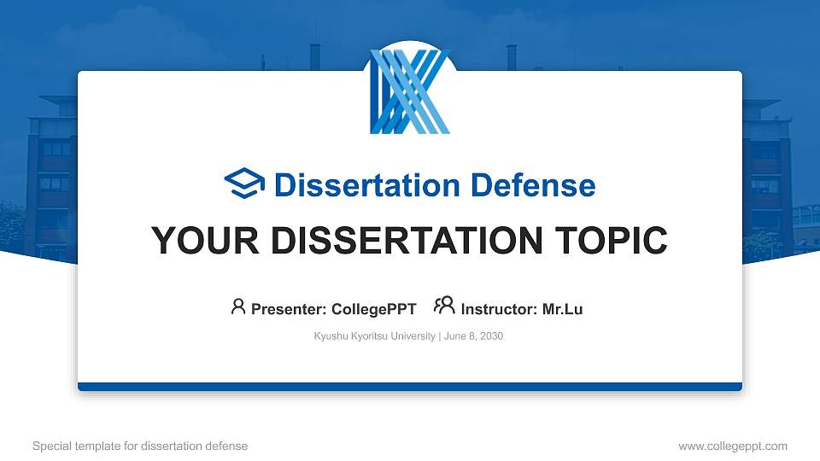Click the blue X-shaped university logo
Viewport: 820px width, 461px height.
409,92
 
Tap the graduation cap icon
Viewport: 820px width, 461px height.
244,184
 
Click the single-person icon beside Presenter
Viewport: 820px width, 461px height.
238,306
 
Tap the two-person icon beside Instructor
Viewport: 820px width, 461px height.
444,306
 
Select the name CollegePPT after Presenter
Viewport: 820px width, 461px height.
373,309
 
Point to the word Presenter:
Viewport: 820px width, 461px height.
288,309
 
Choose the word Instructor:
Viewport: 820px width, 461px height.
499,309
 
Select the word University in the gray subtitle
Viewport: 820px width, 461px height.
413,336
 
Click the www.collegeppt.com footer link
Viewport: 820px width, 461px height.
733,446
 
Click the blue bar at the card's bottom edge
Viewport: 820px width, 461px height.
410,387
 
